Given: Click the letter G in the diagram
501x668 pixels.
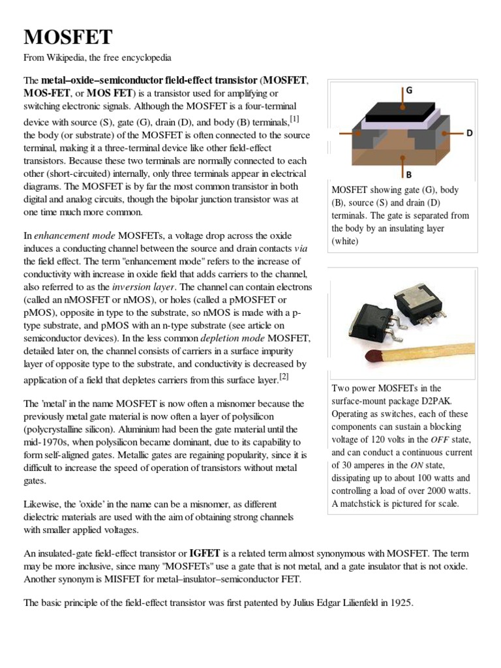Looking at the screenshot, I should pyautogui.click(x=409, y=91).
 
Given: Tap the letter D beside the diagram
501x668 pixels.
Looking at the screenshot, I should pyautogui.click(x=469, y=133).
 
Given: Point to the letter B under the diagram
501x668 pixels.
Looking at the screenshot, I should pyautogui.click(x=408, y=175).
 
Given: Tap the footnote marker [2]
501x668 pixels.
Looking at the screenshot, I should pyautogui.click(x=284, y=376).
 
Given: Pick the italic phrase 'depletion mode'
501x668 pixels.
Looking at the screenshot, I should pyautogui.click(x=232, y=338).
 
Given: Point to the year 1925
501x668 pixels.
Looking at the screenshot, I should pyautogui.click(x=399, y=603).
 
